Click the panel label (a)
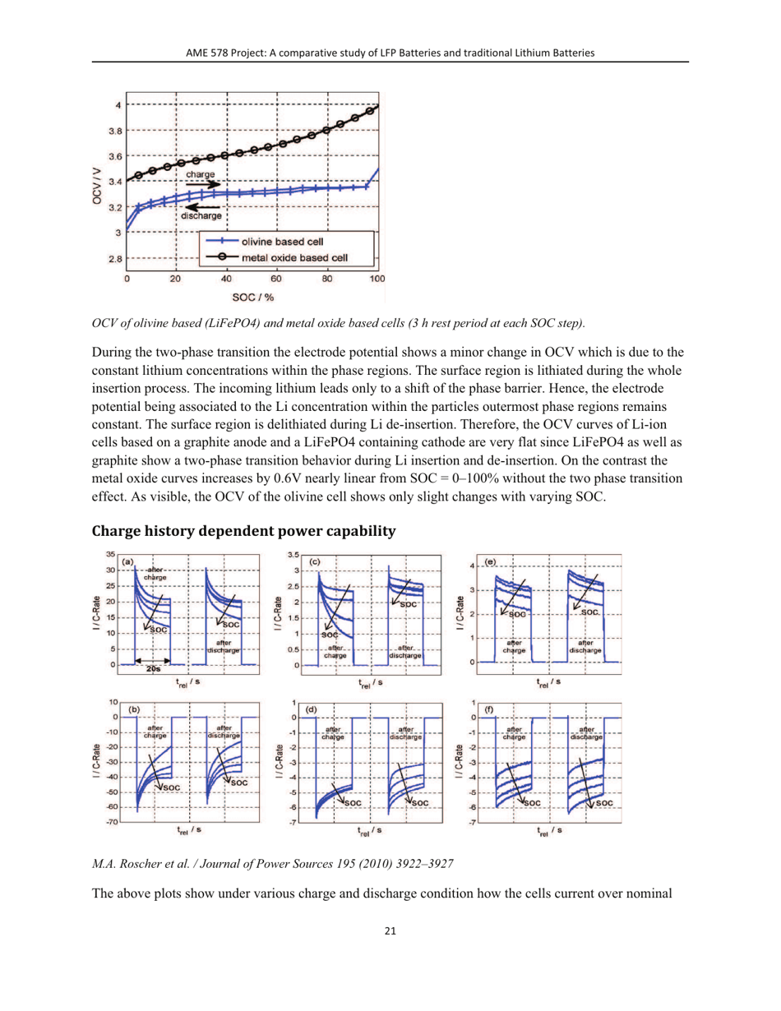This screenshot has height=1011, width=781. (128, 561)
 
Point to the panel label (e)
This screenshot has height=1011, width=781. (490, 562)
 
